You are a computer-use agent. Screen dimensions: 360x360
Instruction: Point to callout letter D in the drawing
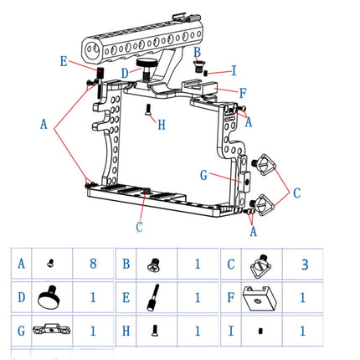(124, 73)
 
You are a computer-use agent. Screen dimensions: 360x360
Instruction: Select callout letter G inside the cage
(203, 175)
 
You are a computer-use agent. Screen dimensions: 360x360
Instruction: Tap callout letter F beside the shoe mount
(243, 92)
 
